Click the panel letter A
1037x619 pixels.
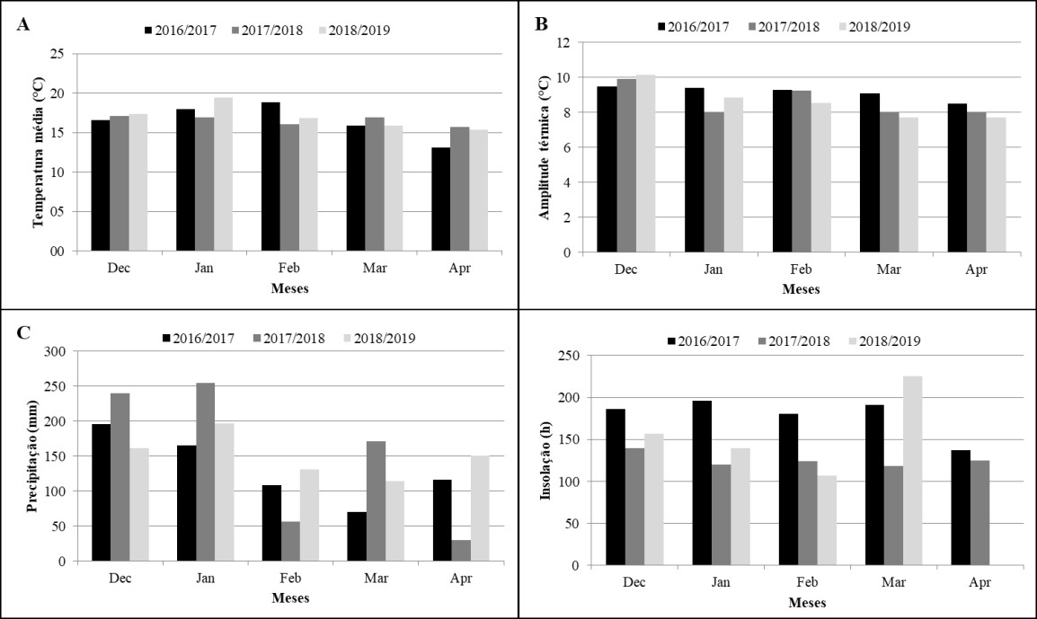coord(23,25)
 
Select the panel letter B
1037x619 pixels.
coord(541,25)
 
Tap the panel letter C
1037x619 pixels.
coord(23,332)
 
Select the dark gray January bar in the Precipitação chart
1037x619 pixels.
coord(205,473)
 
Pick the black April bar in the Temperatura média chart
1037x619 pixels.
coord(440,199)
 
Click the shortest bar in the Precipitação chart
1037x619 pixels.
coord(461,551)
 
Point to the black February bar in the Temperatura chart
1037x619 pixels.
coord(270,177)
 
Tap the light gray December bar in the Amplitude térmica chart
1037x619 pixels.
coord(645,164)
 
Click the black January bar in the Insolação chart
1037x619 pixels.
coord(703,482)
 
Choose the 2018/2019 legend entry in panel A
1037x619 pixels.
coord(355,31)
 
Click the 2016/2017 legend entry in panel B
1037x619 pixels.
coord(693,27)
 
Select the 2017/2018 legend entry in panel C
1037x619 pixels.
coord(289,339)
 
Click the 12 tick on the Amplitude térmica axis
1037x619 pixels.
coord(563,42)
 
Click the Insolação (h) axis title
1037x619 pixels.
coord(545,460)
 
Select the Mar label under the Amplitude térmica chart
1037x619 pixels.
coord(888,270)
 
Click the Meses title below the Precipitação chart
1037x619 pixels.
coord(290,597)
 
